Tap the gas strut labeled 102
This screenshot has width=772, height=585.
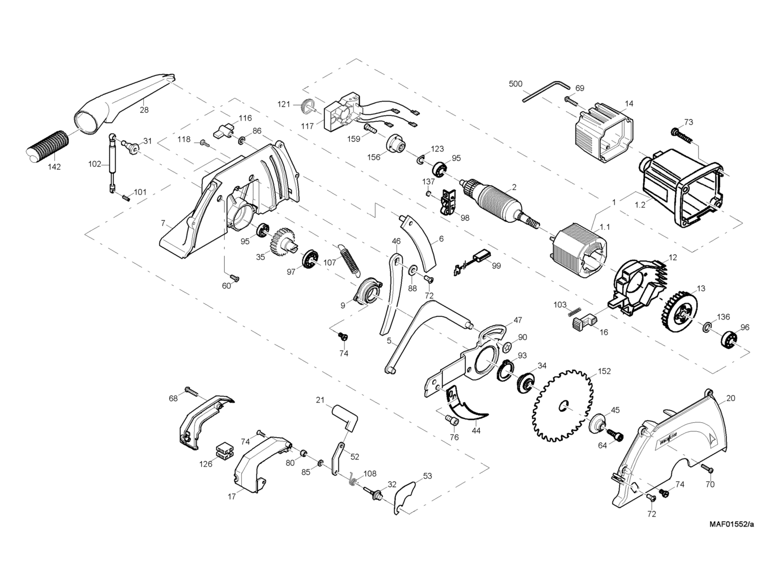click(x=112, y=162)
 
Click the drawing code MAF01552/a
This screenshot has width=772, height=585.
click(x=731, y=524)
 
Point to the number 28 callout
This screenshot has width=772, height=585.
click(x=144, y=110)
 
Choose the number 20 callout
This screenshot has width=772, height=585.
click(x=730, y=398)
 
